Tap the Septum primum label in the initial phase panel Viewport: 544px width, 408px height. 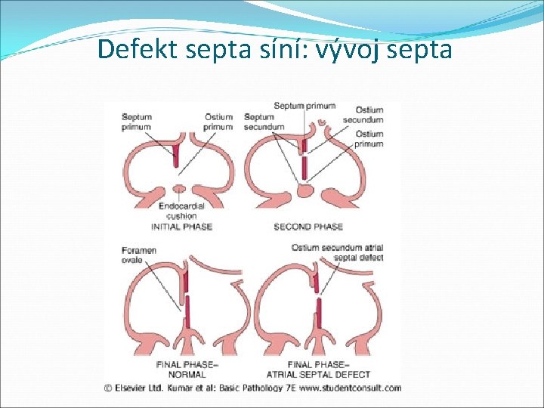[x=137, y=122]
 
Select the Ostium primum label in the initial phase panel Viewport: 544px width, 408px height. [x=218, y=122]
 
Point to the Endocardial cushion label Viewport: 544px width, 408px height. [x=181, y=210]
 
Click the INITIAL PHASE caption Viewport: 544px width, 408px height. [x=181, y=227]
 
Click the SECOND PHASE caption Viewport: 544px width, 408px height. [x=308, y=227]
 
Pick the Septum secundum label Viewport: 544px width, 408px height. [x=264, y=122]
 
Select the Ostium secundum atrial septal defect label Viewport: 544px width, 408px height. [x=348, y=252]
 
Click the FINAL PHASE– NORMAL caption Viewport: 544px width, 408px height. [x=187, y=369]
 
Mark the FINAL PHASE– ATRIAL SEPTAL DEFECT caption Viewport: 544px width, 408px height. [x=318, y=369]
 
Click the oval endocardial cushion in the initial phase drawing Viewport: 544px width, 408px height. [x=179, y=188]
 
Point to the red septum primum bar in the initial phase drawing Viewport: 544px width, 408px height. [x=176, y=156]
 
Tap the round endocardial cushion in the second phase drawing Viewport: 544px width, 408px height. [x=304, y=190]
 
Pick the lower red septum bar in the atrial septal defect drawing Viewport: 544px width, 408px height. [x=320, y=312]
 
